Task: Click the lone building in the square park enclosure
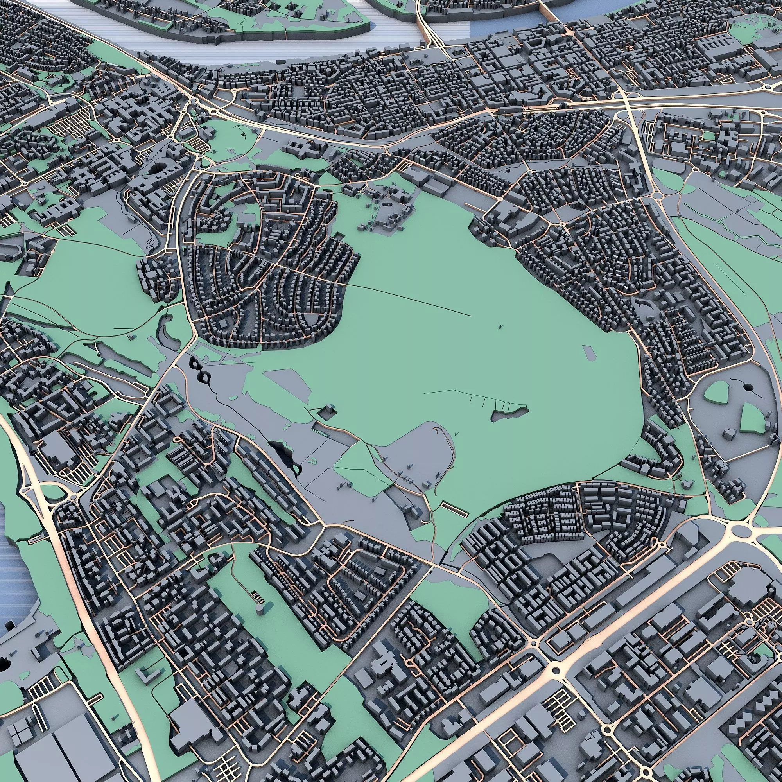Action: coord(328,411)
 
